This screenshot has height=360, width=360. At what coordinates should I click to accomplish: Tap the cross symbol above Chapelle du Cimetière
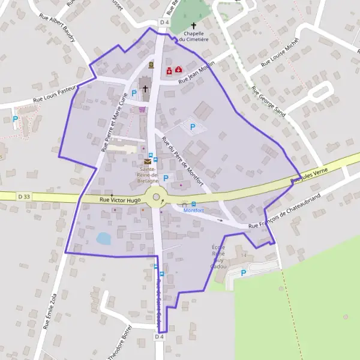click(x=193, y=25)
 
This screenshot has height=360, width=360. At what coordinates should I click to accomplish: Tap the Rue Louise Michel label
click(x=280, y=55)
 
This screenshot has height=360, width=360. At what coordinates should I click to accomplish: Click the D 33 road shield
click(x=24, y=196)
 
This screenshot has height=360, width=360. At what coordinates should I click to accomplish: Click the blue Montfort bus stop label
click(x=193, y=211)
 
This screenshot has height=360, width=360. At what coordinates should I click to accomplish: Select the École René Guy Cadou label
click(x=218, y=257)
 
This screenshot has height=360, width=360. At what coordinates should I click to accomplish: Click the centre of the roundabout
click(x=156, y=196)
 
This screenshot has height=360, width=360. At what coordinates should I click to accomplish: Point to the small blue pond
click(x=103, y=239)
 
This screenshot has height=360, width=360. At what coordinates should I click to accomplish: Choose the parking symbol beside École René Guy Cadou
click(x=244, y=273)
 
